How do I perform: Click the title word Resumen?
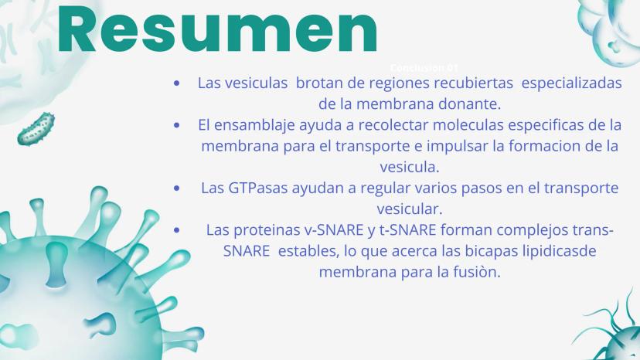pos(217,29)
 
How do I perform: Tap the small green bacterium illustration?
pos(36,129)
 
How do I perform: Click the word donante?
pos(469,104)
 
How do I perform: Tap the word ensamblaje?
pos(254,125)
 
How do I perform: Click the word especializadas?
pos(571,83)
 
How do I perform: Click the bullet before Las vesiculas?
pos(177,83)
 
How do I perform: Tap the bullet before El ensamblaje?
pos(177,125)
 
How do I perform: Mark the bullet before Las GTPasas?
pos(177,188)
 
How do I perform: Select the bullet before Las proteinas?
pos(177,230)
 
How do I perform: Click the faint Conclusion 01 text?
pos(424,68)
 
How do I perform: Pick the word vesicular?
pos(410,209)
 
